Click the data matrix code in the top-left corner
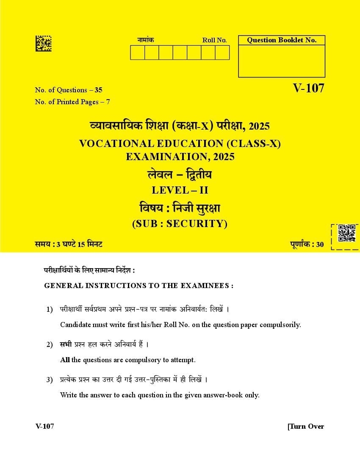[x=43, y=44]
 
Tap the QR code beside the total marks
[x=346, y=233]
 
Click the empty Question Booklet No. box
[x=282, y=61]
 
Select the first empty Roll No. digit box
[x=138, y=53]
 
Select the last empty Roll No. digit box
[x=222, y=53]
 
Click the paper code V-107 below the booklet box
[x=308, y=88]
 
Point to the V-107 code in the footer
[x=45, y=426]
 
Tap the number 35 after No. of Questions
[x=99, y=90]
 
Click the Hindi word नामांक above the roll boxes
[x=146, y=40]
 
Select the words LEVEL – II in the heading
[x=180, y=190]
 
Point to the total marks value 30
[x=320, y=244]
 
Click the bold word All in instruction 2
[x=65, y=360]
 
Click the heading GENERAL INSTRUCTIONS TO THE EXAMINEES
[x=138, y=286]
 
